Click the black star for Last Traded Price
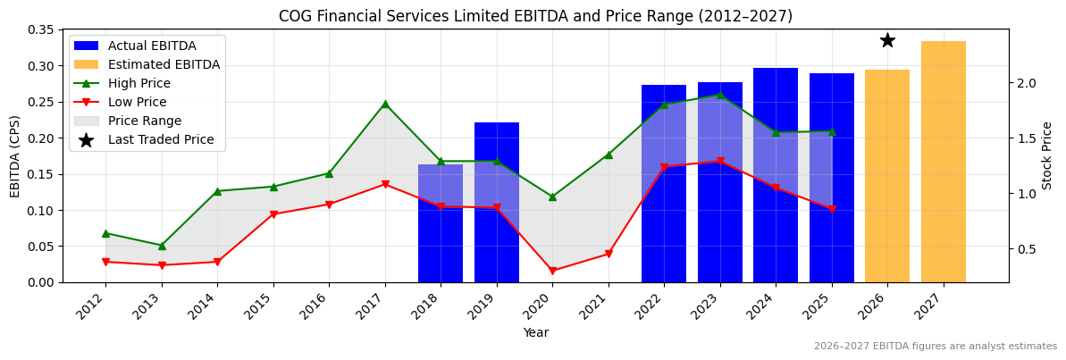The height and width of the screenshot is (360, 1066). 887,40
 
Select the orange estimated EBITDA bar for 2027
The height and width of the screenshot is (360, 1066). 943,162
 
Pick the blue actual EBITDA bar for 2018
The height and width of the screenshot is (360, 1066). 441,223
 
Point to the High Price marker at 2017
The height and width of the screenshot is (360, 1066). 385,104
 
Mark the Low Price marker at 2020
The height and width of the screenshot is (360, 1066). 552,271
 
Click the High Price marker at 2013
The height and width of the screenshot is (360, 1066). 162,246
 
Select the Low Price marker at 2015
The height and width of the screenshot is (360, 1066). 273,214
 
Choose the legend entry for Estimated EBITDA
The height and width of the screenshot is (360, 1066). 164,64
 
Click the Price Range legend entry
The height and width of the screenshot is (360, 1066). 144,121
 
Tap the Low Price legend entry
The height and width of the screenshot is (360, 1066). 138,102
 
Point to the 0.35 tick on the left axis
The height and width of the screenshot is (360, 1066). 41,29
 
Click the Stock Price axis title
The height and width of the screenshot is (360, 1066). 1047,155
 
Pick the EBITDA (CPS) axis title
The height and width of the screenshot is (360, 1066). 15,155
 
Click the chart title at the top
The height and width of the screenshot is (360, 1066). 535,16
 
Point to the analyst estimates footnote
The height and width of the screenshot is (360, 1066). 935,347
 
